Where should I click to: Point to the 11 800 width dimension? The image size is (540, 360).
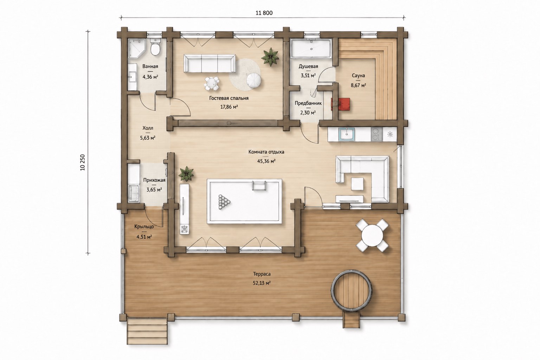click(264, 13)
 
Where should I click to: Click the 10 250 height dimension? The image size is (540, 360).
click(83, 162)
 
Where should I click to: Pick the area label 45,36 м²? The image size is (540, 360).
click(266, 161)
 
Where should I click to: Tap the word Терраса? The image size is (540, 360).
click(262, 274)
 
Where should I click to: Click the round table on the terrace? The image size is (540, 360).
click(372, 235)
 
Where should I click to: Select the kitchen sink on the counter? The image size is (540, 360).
click(346, 134)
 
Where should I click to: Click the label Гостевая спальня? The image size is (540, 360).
click(229, 98)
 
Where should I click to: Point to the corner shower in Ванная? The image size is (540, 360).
click(136, 49)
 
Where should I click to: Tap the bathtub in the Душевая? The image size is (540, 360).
click(311, 49)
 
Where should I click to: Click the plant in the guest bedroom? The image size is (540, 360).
click(270, 57)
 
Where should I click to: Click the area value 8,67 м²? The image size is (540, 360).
click(359, 85)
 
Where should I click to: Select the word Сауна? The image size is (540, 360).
click(358, 76)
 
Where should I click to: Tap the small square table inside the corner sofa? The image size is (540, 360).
click(357, 184)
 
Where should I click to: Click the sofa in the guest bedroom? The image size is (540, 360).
click(210, 63)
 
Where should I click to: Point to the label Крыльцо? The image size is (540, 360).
click(144, 226)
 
